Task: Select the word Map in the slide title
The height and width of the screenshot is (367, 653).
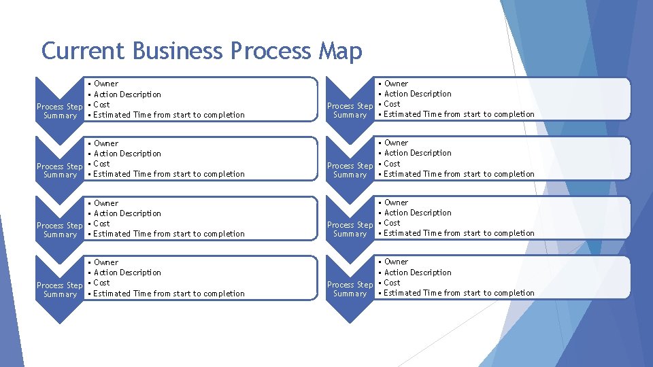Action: (x=340, y=51)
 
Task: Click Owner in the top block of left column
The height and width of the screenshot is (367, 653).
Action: (x=105, y=84)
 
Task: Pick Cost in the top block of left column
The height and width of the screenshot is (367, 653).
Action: (x=101, y=105)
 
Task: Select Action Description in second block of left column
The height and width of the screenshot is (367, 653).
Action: (x=127, y=154)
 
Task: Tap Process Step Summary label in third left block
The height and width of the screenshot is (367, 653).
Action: (x=60, y=230)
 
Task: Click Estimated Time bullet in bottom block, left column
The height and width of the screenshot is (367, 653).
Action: (x=169, y=294)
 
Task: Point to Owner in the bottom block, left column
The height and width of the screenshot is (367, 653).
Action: (x=105, y=262)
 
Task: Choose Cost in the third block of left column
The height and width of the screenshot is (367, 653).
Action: (x=101, y=224)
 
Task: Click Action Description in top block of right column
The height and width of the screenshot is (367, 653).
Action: (x=418, y=94)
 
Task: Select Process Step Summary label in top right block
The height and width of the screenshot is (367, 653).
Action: (x=350, y=110)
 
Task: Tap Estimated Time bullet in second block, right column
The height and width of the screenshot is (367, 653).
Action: (x=459, y=174)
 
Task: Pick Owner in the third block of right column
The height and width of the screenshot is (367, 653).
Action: (x=396, y=203)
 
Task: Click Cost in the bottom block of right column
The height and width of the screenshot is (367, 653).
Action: (x=392, y=283)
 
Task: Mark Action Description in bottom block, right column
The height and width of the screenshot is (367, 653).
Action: (x=418, y=273)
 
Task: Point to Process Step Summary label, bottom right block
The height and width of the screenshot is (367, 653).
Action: (x=350, y=289)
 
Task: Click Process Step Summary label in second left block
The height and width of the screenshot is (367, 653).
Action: (x=60, y=171)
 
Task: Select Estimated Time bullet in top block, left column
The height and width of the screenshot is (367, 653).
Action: (x=169, y=115)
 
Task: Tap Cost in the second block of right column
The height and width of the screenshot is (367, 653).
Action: (x=392, y=164)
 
